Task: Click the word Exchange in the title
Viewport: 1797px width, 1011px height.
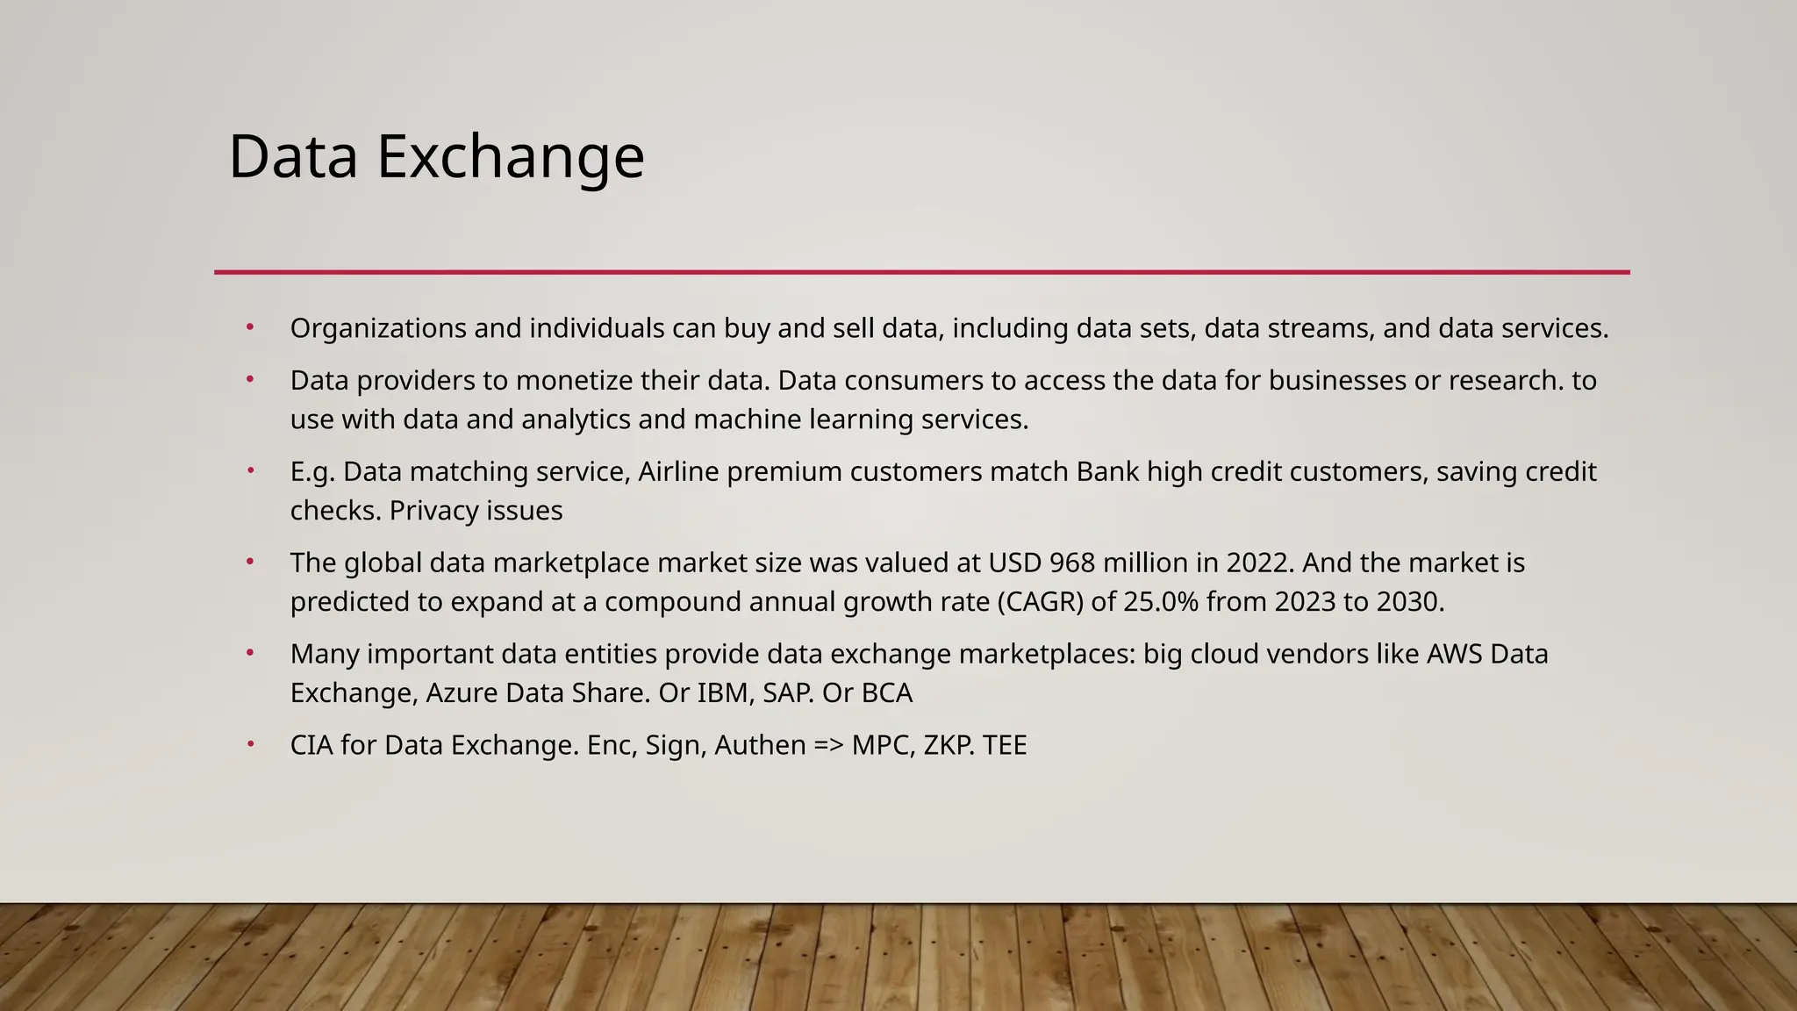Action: [x=511, y=158]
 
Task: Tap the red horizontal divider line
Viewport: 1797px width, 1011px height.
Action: [x=921, y=272]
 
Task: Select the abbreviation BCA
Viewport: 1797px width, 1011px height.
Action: [x=886, y=693]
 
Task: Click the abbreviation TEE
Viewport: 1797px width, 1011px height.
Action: [x=1005, y=746]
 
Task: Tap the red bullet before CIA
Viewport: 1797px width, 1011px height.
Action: [x=250, y=744]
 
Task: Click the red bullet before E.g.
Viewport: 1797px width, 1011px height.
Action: [x=250, y=470]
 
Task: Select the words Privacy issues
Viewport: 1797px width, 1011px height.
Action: [x=476, y=511]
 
